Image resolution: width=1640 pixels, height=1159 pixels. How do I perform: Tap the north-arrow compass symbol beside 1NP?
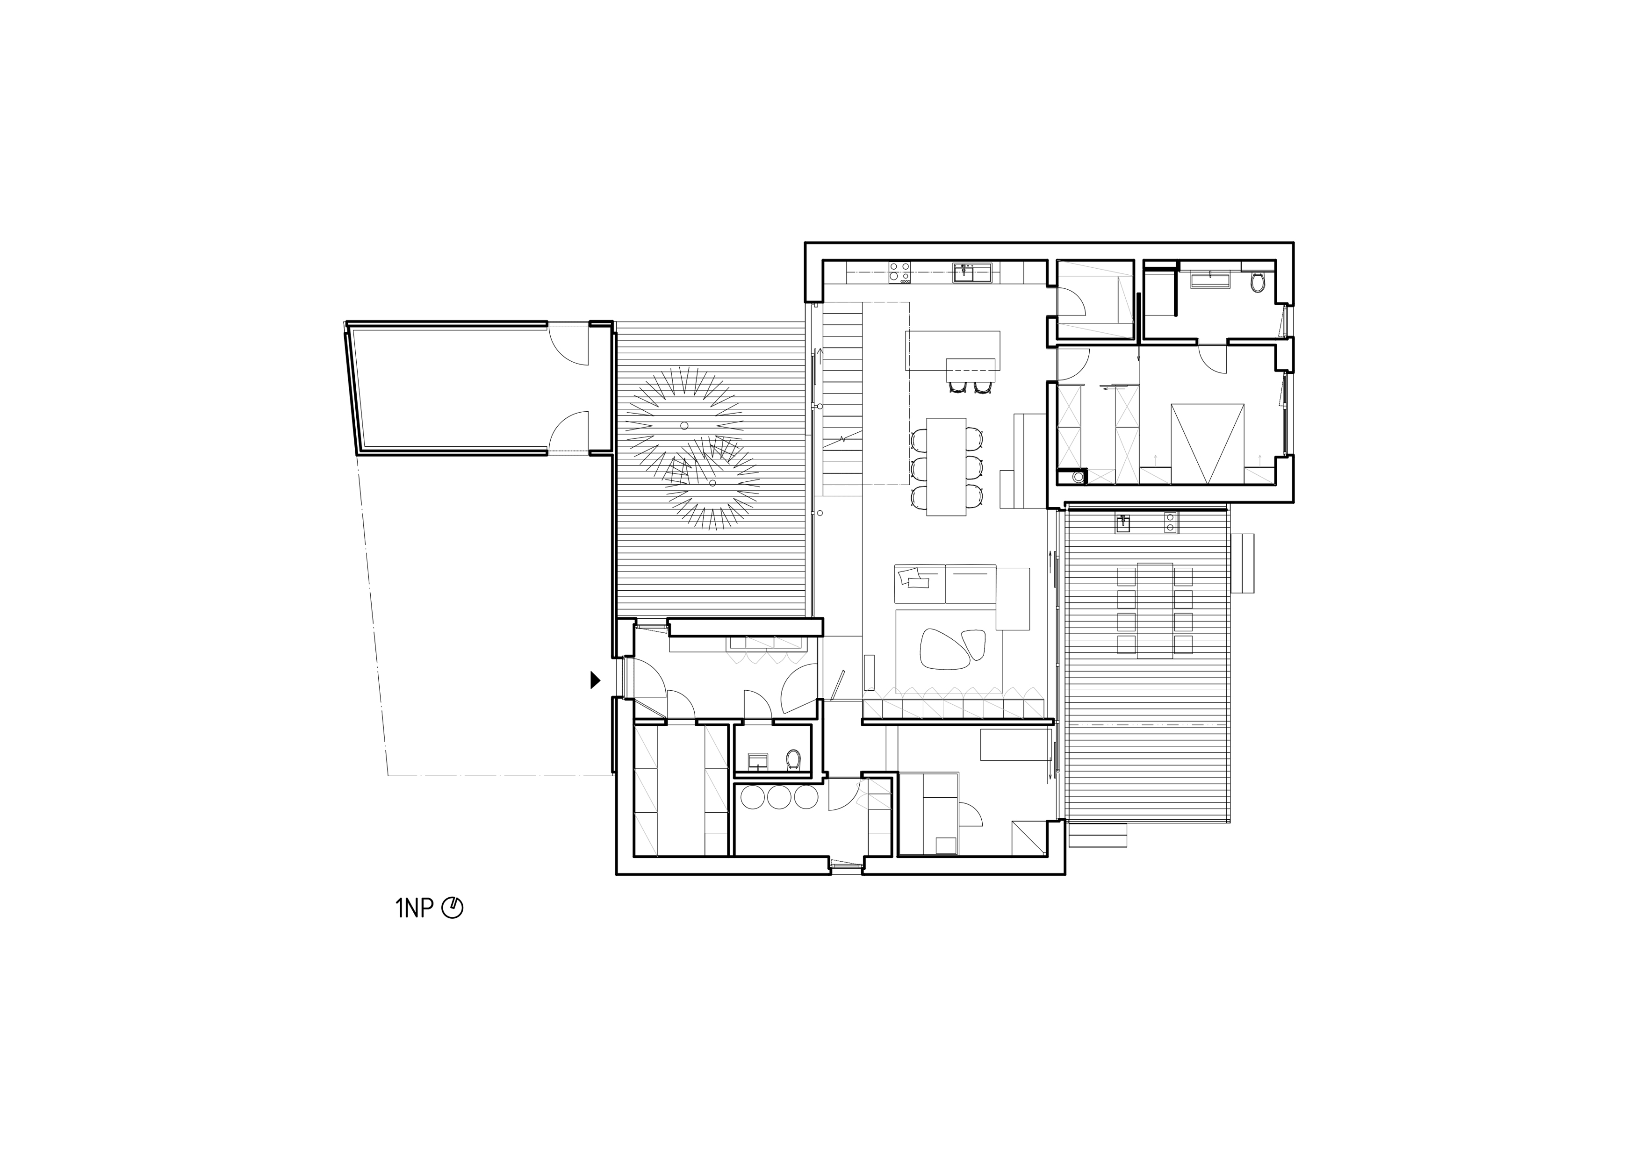[453, 909]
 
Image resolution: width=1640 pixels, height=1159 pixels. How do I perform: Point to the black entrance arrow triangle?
[595, 680]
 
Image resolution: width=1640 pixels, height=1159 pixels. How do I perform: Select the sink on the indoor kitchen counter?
[971, 272]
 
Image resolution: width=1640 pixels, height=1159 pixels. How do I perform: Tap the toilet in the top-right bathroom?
[1258, 283]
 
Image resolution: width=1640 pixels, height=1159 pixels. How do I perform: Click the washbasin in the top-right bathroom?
[1211, 279]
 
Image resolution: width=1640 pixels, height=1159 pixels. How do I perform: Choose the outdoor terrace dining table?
[1155, 610]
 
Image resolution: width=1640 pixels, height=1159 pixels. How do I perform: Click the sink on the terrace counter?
[1123, 523]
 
